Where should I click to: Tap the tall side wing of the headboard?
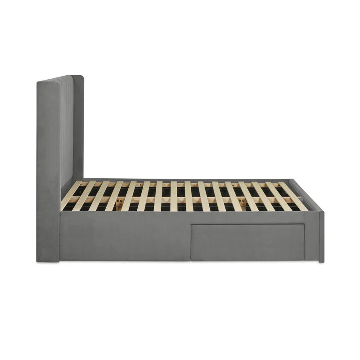[x=49, y=171]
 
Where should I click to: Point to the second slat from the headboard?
[x=85, y=196]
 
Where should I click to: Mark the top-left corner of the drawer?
[x=191, y=225]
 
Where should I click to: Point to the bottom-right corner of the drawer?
[x=304, y=260]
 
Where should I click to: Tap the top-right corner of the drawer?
[x=304, y=225]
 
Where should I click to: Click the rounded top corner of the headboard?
[x=81, y=77]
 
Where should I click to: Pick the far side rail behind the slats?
[x=180, y=180]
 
